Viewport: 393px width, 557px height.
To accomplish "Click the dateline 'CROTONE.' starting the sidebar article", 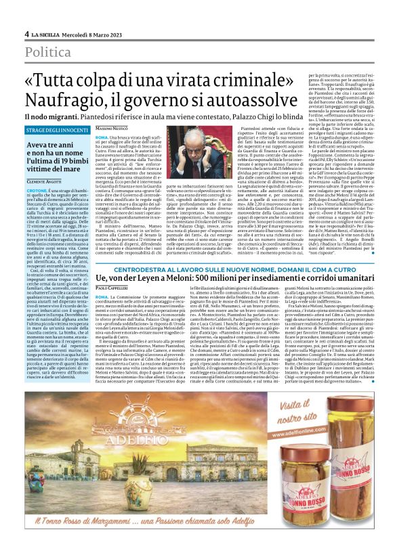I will [38, 191].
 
